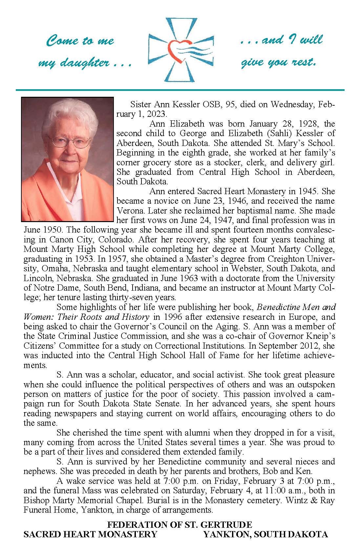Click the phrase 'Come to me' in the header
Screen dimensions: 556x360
(80, 41)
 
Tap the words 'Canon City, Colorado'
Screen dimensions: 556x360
(83, 240)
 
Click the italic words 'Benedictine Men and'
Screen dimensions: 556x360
(296, 308)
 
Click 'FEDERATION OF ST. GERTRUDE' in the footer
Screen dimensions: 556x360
(180, 524)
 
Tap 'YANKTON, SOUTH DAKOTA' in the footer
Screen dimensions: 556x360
(265, 534)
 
